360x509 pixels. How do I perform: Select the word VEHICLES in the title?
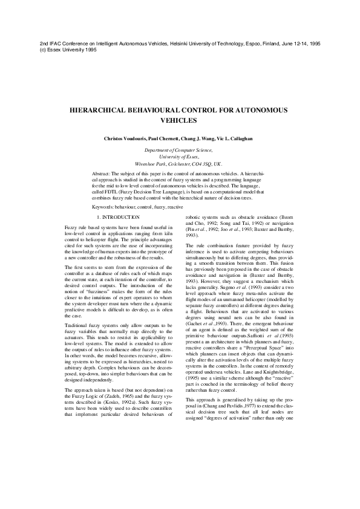tap(180, 120)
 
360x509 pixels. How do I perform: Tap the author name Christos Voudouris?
tap(128, 138)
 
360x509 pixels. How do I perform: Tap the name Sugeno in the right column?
tap(209, 288)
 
